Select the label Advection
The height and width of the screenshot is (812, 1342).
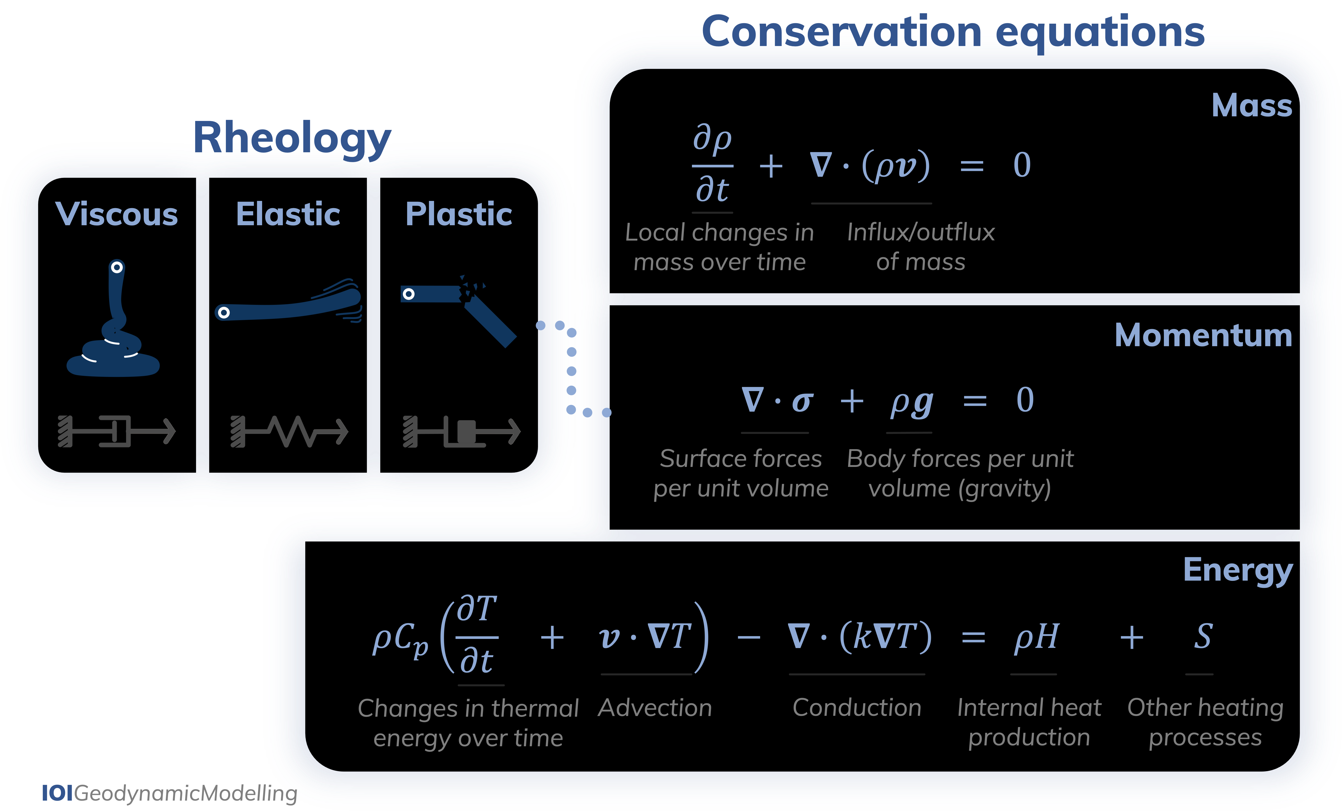(x=655, y=708)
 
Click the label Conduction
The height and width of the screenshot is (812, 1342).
(x=857, y=708)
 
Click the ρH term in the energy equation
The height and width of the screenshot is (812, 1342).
(x=1036, y=637)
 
